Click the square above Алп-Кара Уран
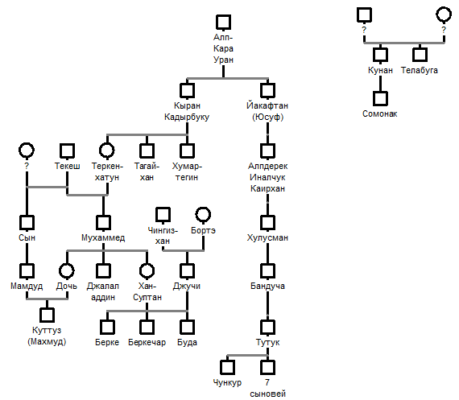pyautogui.click(x=223, y=23)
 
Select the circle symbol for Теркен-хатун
pyautogui.click(x=107, y=151)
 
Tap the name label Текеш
pyautogui.click(x=68, y=167)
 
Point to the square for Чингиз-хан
pyautogui.click(x=163, y=215)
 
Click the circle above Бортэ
pyautogui.click(x=203, y=215)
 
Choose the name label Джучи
pyautogui.click(x=187, y=287)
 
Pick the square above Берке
pyautogui.click(x=107, y=327)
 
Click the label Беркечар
pyautogui.click(x=147, y=342)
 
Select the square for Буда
pyautogui.click(x=187, y=327)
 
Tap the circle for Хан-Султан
pyautogui.click(x=147, y=270)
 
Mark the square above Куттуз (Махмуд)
pyautogui.click(x=47, y=315)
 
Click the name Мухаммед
pyautogui.click(x=103, y=238)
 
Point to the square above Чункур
pyautogui.click(x=227, y=367)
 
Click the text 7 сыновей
pyautogui.click(x=267, y=388)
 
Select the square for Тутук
pyautogui.click(x=267, y=327)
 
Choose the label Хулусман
pyautogui.click(x=267, y=238)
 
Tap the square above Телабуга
pyautogui.click(x=420, y=55)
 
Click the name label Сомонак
pyautogui.click(x=379, y=113)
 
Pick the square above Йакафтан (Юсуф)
pyautogui.click(x=267, y=90)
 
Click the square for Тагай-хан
pyautogui.click(x=147, y=151)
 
